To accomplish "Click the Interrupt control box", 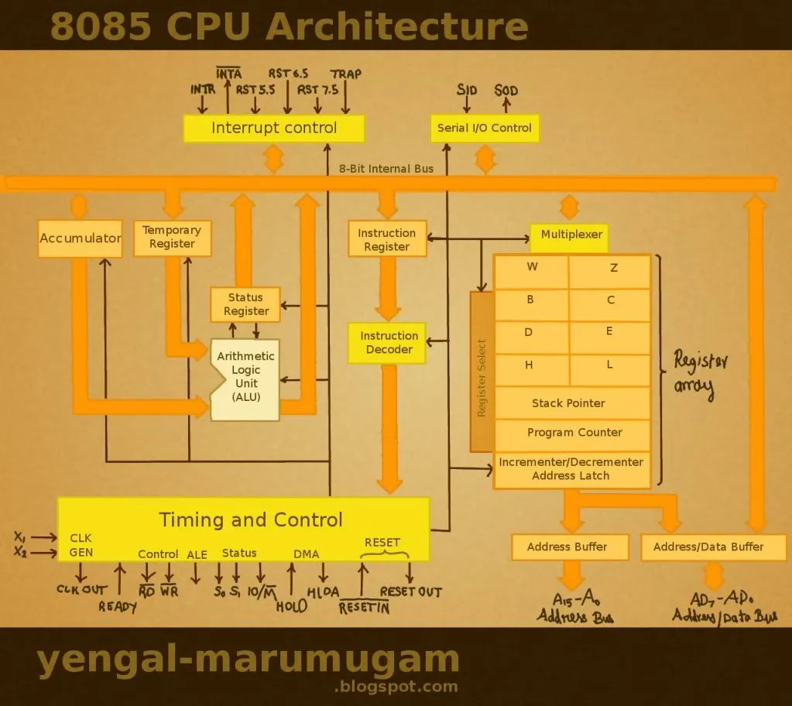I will (x=274, y=128).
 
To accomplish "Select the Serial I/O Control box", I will (x=485, y=128).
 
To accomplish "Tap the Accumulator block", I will (x=81, y=238).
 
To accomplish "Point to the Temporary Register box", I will (x=172, y=238).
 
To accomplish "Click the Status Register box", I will (x=246, y=304).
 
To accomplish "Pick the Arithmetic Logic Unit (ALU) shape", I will (x=245, y=378).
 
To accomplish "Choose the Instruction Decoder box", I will (x=389, y=343).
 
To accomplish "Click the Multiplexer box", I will (x=571, y=235).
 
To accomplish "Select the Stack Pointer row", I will (x=571, y=403).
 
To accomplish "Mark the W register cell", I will (x=532, y=269).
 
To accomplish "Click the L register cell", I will (x=609, y=365).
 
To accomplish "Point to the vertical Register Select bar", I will (x=482, y=372).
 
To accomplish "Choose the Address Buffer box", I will (x=567, y=547).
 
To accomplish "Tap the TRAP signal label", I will (x=345, y=74).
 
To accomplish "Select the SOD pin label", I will (x=506, y=91).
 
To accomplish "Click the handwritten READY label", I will (x=118, y=607).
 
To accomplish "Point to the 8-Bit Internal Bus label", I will (x=386, y=168).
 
